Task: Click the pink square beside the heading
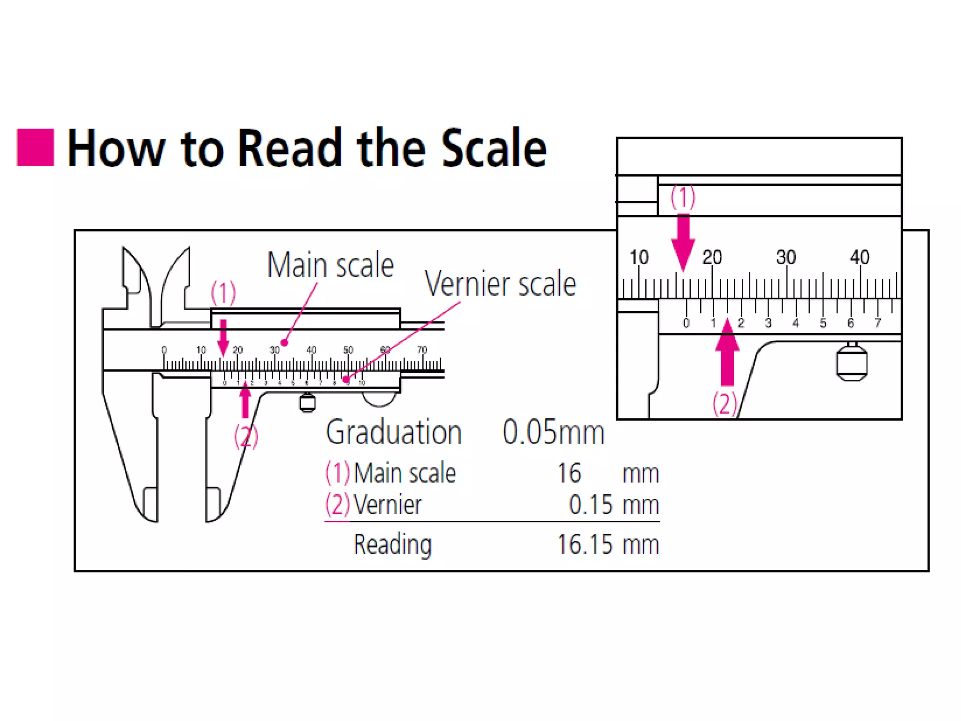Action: coord(35,147)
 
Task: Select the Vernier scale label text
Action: coord(500,284)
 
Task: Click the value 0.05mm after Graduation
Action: coord(553,432)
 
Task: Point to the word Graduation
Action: coord(394,432)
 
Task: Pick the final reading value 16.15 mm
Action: coord(608,545)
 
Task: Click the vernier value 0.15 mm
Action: coord(614,505)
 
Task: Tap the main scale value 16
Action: coord(569,473)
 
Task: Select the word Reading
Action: coord(392,545)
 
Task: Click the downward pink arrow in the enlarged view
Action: coord(683,242)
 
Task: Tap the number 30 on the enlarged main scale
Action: coord(786,257)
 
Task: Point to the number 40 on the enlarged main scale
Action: coord(860,257)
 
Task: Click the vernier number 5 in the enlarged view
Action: coord(823,323)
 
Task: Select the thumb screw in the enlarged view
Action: coord(852,362)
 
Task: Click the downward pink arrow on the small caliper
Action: coord(223,337)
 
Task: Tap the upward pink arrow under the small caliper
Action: coord(245,399)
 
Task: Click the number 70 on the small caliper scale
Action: coord(422,350)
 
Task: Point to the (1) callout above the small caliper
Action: coord(223,293)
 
